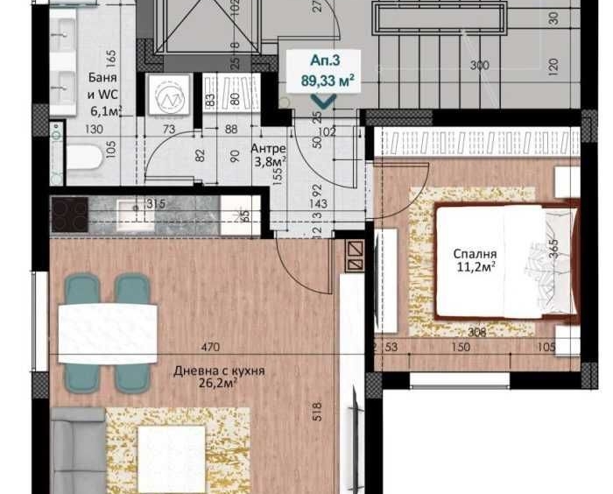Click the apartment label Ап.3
[x=324, y=61]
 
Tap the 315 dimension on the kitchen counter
[x=156, y=204]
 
